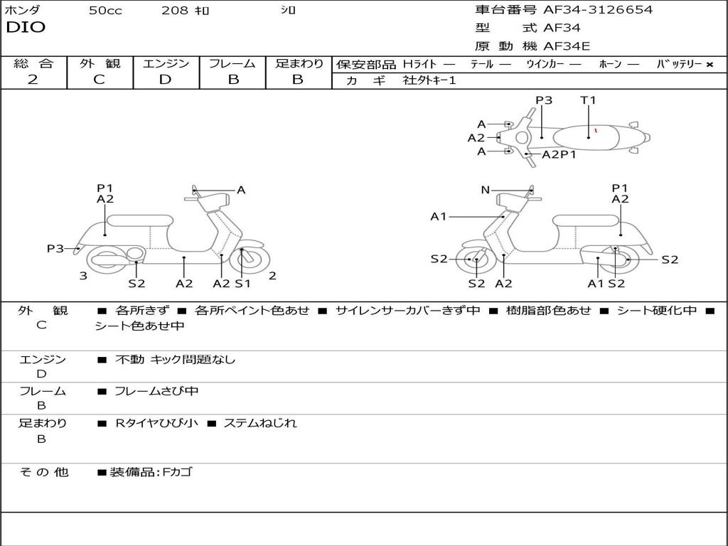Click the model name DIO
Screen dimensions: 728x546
click(26, 28)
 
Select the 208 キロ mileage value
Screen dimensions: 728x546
click(185, 11)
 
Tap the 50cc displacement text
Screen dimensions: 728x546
click(105, 11)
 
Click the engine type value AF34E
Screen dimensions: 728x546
click(567, 47)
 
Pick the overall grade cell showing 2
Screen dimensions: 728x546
click(33, 80)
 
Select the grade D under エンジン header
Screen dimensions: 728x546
click(165, 80)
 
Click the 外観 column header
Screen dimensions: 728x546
click(100, 63)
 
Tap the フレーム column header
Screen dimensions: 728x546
click(232, 63)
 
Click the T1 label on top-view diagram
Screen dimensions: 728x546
click(588, 100)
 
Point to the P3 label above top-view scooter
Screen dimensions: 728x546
click(544, 100)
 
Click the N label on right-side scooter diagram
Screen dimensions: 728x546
click(486, 190)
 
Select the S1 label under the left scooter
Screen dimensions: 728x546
click(243, 284)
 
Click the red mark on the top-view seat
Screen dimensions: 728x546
click(596, 130)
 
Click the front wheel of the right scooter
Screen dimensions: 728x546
click(475, 260)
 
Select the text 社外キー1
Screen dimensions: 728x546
click(429, 80)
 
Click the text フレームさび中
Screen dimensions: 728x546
click(156, 391)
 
